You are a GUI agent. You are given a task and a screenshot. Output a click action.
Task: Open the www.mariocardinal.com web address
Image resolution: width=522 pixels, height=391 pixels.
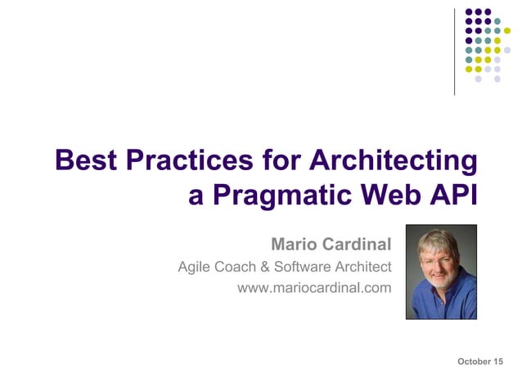point(314,288)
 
